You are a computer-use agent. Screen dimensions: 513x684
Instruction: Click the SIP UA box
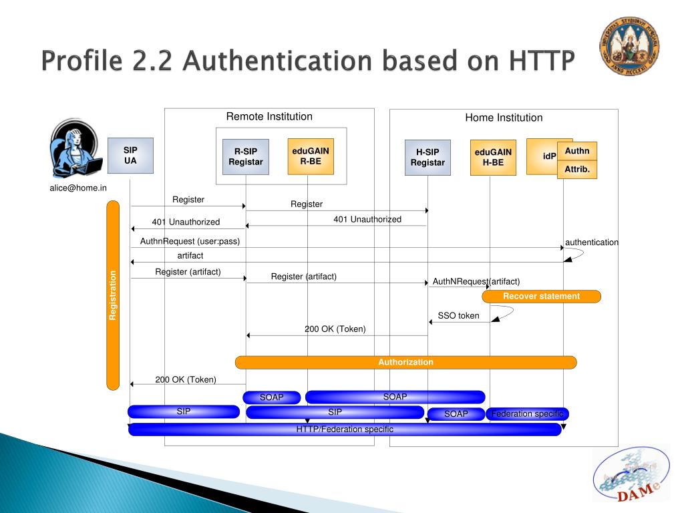[130, 155]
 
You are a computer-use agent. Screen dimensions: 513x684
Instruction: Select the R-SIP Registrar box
[246, 156]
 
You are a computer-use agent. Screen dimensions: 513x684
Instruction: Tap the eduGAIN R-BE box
[311, 156]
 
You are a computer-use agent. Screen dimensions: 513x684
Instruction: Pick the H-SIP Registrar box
[427, 157]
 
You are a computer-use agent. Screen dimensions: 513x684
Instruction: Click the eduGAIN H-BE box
[493, 157]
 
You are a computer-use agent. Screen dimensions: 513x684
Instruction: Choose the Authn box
[577, 151]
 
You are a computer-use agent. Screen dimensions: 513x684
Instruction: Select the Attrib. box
[577, 170]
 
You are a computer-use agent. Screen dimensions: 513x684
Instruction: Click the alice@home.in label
[77, 188]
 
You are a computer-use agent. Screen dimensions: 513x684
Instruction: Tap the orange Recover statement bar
[541, 296]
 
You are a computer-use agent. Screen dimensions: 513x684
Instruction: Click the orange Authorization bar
[405, 362]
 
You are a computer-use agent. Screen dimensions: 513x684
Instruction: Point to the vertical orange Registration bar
[113, 295]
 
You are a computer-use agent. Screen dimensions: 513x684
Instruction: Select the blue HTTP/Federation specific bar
[345, 430]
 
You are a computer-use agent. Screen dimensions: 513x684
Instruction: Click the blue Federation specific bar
[527, 414]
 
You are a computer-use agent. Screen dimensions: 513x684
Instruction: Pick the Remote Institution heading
[269, 117]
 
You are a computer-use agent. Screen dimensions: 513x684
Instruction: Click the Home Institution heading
[504, 118]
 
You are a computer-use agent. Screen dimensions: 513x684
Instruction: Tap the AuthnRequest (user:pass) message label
[190, 241]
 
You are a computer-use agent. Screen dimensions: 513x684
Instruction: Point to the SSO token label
[458, 315]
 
